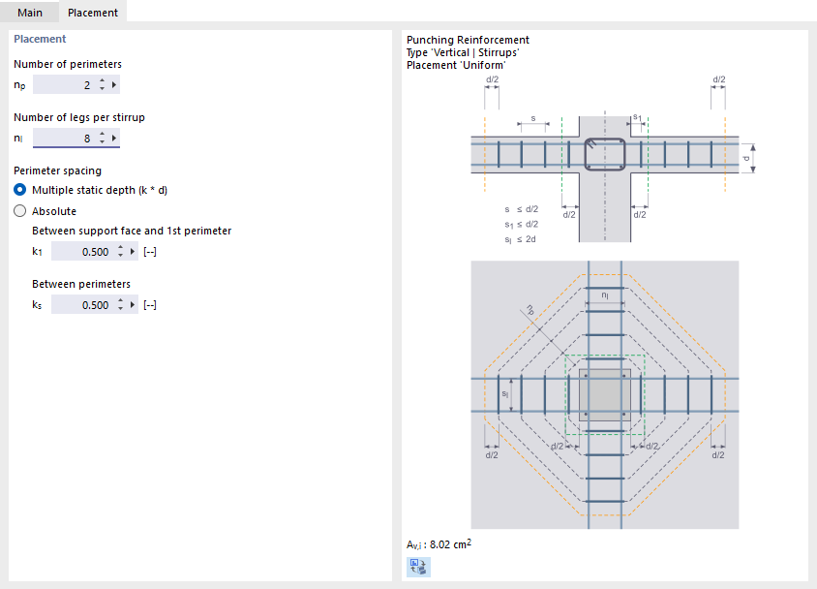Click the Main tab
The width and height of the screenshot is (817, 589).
(29, 13)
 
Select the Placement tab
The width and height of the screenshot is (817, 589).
(93, 13)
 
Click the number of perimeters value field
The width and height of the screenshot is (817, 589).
(64, 85)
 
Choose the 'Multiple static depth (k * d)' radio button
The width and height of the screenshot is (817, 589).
(20, 190)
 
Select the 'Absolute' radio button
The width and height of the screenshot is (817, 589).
(20, 210)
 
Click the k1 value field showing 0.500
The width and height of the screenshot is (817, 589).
(81, 252)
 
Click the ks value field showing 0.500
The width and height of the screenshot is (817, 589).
(81, 305)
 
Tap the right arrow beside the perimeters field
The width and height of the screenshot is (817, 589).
(115, 85)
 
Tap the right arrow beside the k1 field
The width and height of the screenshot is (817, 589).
(134, 252)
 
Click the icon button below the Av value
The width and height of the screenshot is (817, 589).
(418, 568)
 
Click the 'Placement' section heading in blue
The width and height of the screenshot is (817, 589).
(40, 39)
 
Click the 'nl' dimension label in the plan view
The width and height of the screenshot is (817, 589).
(604, 294)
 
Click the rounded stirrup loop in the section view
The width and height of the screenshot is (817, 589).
(605, 155)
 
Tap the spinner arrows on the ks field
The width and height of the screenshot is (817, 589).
(120, 305)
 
